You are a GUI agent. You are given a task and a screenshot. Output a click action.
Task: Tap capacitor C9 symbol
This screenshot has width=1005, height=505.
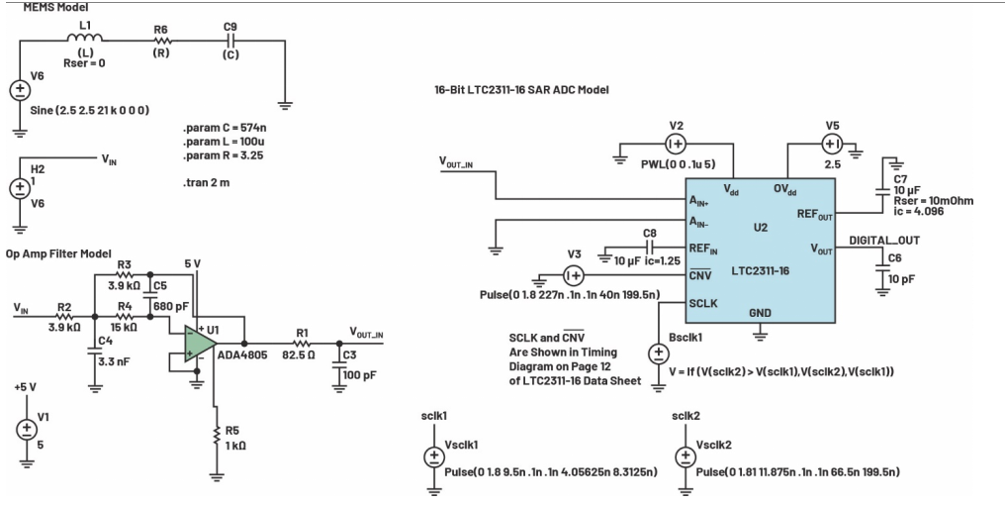coord(230,42)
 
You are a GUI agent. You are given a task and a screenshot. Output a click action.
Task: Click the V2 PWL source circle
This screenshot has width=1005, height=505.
coord(677,146)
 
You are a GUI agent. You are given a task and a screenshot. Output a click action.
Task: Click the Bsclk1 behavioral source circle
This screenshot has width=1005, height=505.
coord(658,353)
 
